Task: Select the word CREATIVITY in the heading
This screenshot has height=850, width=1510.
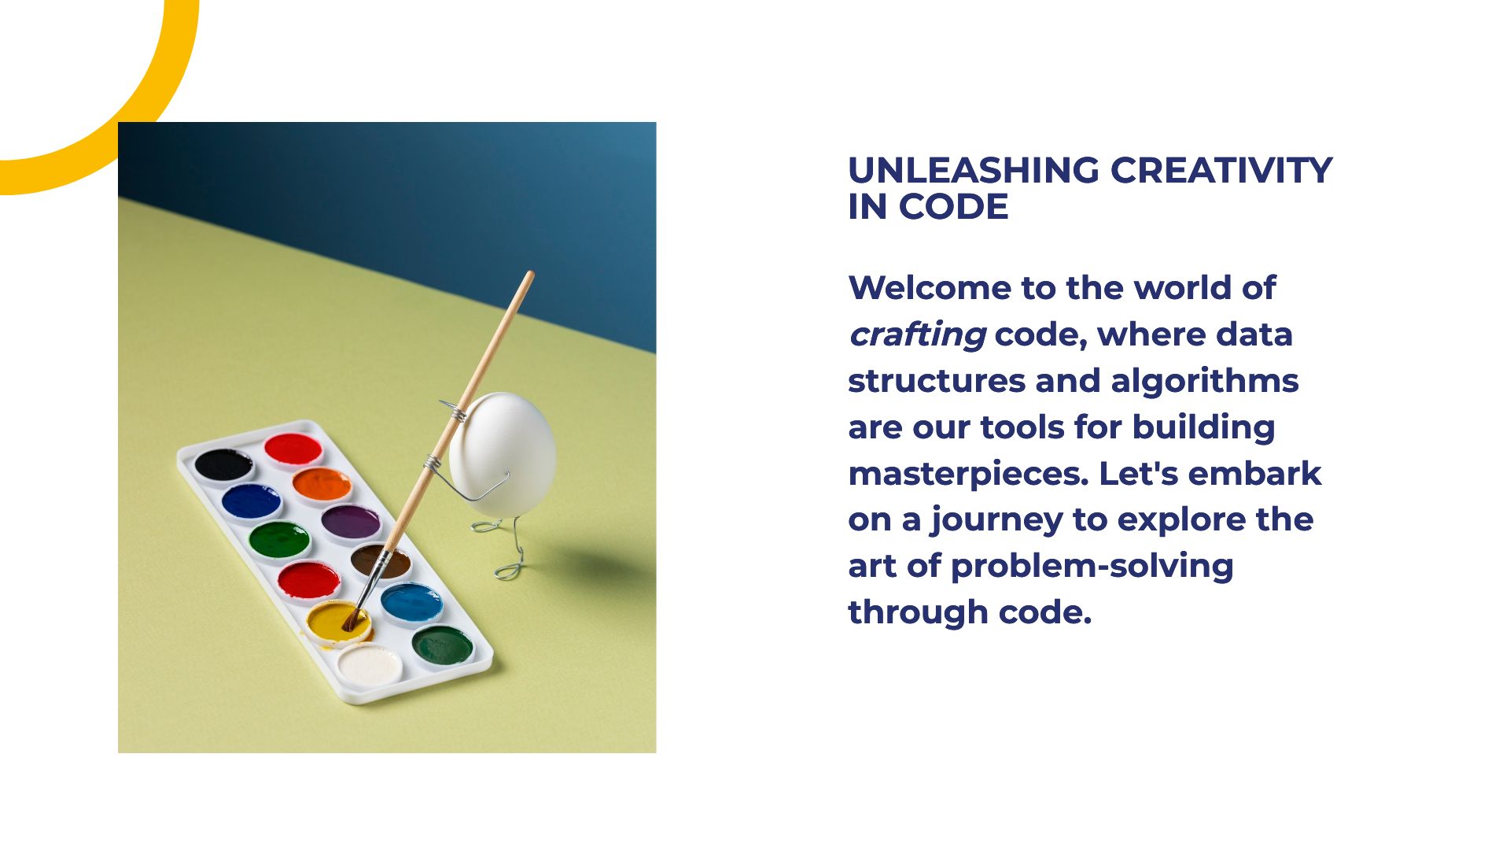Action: (1221, 171)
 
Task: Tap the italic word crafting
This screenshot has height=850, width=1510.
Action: (917, 335)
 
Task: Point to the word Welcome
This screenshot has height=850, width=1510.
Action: (930, 288)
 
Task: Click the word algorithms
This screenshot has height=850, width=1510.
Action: (1204, 382)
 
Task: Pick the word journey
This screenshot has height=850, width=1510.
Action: (996, 521)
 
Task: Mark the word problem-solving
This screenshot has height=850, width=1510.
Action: (1092, 567)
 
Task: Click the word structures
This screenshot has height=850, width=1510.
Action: (936, 382)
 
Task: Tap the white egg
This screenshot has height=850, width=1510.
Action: (503, 453)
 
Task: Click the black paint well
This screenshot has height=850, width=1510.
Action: (223, 464)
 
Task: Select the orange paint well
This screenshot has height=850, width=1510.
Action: (322, 484)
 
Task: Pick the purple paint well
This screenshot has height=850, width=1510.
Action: (351, 522)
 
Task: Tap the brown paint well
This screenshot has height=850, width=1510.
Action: (380, 561)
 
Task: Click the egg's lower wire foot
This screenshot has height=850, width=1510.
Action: (509, 571)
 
